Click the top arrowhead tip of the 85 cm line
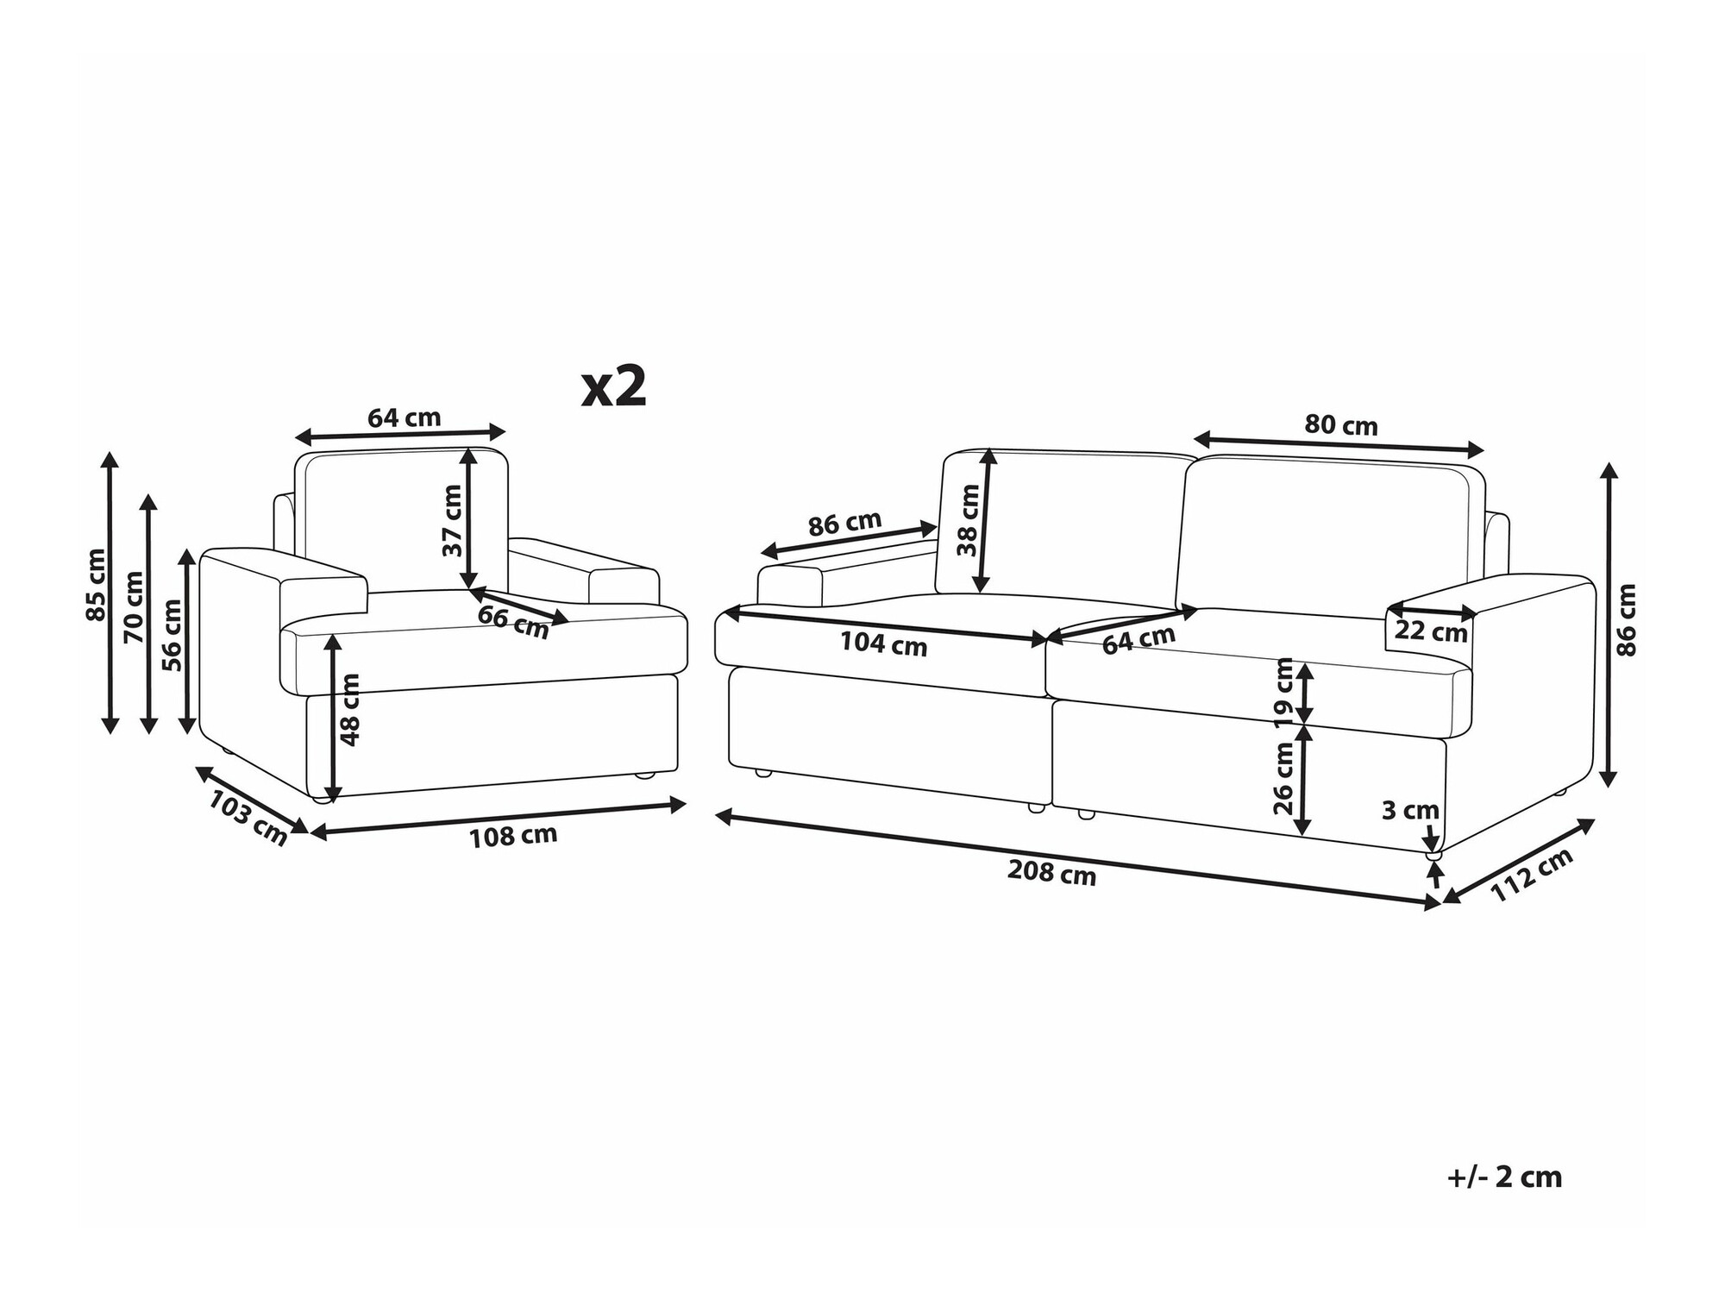[x=110, y=451]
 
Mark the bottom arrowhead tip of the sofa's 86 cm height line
[x=1608, y=787]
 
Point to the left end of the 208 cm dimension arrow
[x=716, y=815]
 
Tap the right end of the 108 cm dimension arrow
[x=687, y=805]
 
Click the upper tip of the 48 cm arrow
[x=334, y=635]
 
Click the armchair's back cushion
[x=401, y=520]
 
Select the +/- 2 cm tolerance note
[x=1504, y=1177]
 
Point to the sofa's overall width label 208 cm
[x=1051, y=873]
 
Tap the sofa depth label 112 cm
[x=1533, y=874]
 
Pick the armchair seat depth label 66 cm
[x=513, y=622]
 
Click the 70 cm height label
[x=134, y=606]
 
